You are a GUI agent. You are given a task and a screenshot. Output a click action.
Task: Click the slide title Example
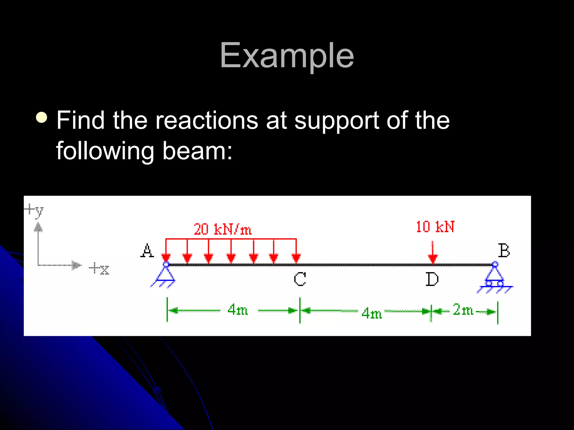click(287, 55)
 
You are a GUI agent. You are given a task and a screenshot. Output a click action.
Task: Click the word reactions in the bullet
click(207, 120)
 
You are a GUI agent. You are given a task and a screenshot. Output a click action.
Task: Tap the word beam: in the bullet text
click(197, 151)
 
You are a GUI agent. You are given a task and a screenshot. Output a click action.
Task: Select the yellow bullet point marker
click(42, 118)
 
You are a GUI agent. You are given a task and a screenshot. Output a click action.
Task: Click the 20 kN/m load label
click(223, 230)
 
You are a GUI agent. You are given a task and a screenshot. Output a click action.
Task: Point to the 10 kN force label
click(435, 227)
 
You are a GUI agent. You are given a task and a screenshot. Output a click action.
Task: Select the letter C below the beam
click(300, 279)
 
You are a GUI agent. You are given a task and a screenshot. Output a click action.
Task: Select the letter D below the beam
click(432, 279)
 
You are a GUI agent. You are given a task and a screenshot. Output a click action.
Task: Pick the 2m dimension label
click(463, 310)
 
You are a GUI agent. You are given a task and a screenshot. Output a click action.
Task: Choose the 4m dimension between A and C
click(238, 310)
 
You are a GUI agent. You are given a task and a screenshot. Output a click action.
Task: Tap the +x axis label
click(99, 269)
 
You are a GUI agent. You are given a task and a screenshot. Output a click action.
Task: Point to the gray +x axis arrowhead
click(76, 265)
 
